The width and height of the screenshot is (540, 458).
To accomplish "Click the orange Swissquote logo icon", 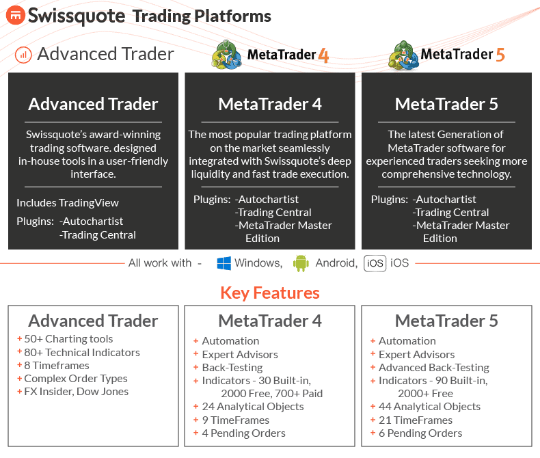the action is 16,16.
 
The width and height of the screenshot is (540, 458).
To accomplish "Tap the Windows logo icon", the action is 224,263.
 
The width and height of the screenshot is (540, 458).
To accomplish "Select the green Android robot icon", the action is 301,263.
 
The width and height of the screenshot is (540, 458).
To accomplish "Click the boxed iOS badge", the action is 375,263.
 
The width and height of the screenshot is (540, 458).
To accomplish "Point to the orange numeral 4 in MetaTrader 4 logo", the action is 323,55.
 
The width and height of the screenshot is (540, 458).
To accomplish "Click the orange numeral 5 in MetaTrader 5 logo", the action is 500,55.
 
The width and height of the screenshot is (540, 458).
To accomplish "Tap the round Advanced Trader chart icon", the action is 23,55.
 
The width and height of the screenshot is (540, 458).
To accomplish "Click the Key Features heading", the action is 270,293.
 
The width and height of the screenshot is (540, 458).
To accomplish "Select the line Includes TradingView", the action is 68,203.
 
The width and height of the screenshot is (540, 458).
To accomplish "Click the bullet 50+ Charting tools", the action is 65,339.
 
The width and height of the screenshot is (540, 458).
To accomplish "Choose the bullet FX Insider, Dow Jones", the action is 72,392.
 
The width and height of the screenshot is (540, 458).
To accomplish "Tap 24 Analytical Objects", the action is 248,407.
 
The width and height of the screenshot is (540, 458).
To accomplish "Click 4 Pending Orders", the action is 239,433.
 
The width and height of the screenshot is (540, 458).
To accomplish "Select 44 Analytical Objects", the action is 425,407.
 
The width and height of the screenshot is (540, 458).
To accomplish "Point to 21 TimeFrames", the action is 411,420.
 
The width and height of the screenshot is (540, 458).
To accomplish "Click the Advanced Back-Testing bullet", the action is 430,368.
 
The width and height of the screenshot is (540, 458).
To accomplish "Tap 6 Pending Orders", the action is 416,433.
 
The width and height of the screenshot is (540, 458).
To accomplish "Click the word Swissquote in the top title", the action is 77,16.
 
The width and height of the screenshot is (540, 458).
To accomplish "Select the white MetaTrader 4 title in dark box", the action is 270,104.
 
